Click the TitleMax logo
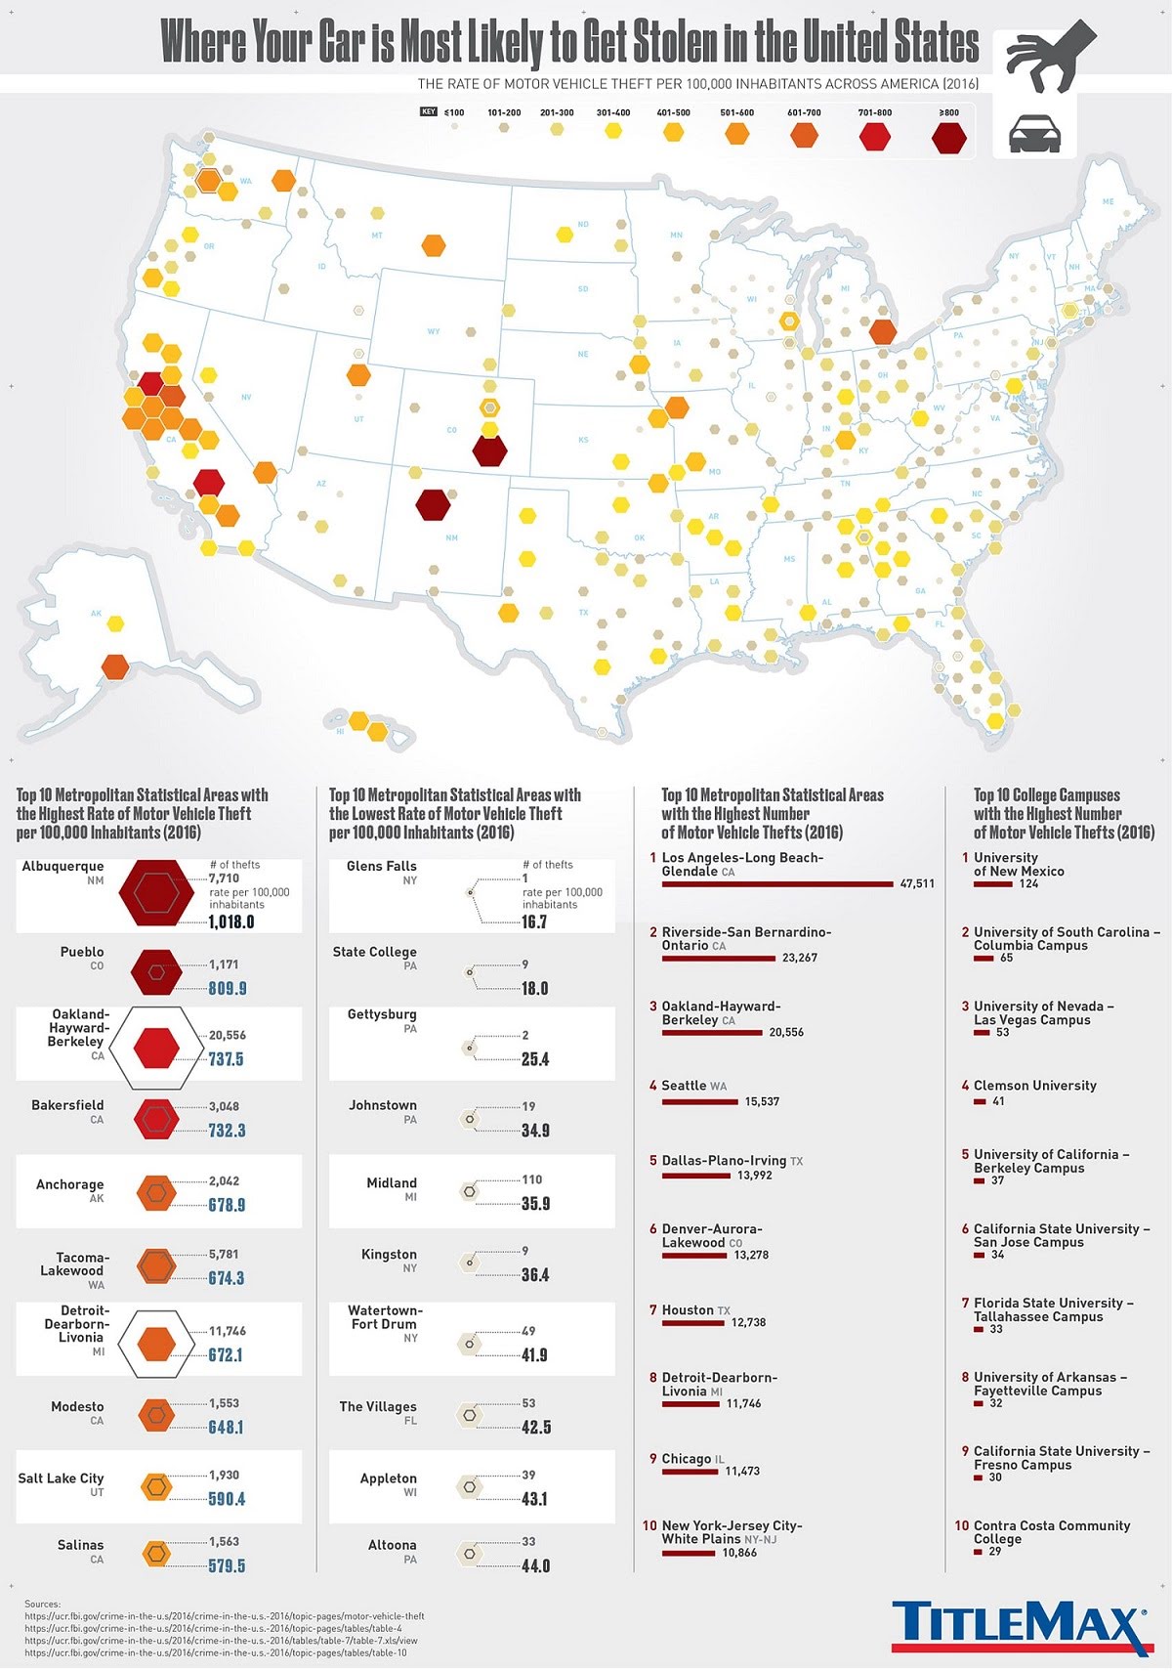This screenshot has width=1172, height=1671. [x=1020, y=1624]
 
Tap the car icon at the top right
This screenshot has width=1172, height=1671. [x=1034, y=133]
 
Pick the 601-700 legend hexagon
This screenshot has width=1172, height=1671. [x=804, y=134]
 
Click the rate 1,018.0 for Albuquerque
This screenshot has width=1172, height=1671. [x=231, y=921]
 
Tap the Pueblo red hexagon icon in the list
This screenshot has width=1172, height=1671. [x=156, y=972]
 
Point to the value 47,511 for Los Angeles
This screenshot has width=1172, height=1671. [x=916, y=883]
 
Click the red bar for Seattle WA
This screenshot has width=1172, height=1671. [x=699, y=1101]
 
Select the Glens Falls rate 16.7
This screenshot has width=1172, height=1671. [x=534, y=921]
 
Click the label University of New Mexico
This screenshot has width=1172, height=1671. [x=1019, y=864]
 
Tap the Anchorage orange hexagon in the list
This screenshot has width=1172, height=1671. [x=156, y=1192]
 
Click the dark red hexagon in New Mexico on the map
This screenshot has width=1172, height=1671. [x=433, y=504]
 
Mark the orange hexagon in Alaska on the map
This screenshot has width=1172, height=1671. [x=115, y=666]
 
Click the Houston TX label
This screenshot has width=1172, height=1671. [x=695, y=1310]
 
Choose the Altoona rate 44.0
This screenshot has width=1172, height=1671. [x=535, y=1565]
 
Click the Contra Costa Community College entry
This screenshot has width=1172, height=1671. [x=1051, y=1531]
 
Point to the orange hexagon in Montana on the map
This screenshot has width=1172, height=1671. [x=433, y=245]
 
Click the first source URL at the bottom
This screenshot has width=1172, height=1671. [x=225, y=1616]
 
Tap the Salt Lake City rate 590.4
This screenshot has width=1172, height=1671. [x=227, y=1499]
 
